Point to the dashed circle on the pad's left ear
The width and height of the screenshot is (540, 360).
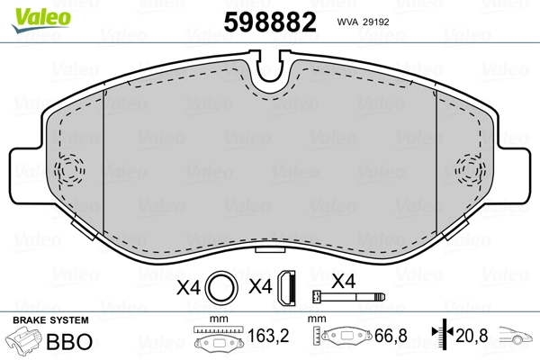click(69, 169)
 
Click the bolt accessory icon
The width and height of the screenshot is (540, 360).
click(346, 296)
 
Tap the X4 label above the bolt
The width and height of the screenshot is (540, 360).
click(344, 279)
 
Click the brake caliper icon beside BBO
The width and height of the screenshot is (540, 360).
click(28, 342)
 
